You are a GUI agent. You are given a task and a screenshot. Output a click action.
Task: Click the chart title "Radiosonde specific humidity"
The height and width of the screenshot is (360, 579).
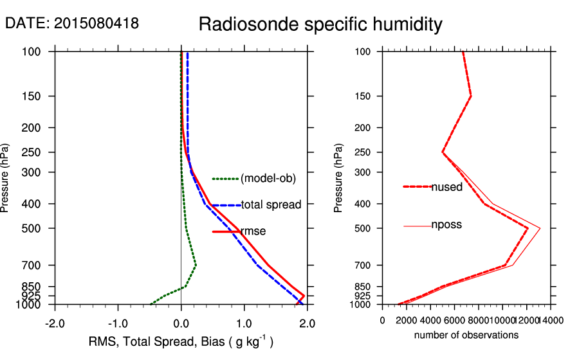click(x=320, y=24)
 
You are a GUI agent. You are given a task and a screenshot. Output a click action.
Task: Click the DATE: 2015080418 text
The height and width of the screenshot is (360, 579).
click(x=72, y=24)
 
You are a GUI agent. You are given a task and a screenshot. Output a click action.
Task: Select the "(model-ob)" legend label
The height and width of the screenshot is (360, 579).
click(x=268, y=179)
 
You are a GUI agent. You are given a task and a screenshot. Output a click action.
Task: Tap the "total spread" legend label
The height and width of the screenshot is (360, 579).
click(x=271, y=205)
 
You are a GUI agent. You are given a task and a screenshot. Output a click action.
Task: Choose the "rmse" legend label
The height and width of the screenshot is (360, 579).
click(x=253, y=231)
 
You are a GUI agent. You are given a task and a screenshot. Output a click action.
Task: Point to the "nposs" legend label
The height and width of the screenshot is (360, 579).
click(x=446, y=225)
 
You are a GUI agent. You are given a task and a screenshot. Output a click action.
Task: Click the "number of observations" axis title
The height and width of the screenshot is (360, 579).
click(x=466, y=335)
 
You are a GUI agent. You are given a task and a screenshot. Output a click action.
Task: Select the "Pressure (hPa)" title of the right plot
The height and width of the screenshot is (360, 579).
click(x=339, y=178)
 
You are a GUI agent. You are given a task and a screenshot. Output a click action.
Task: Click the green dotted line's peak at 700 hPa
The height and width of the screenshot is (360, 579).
click(x=196, y=265)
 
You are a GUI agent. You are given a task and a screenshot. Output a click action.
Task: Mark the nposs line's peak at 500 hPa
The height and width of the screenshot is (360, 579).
click(x=540, y=228)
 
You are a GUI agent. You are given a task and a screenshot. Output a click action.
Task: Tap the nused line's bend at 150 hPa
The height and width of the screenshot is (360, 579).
click(x=471, y=96)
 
